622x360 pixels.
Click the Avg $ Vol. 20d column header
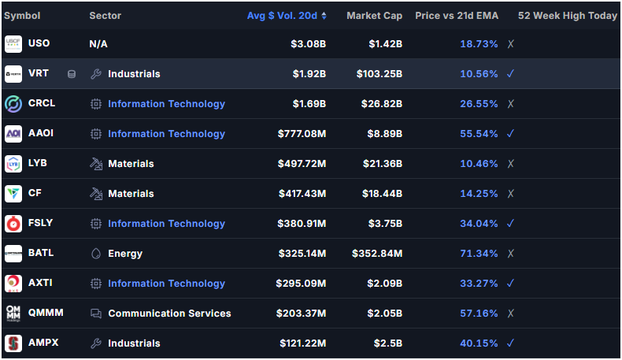(x=282, y=16)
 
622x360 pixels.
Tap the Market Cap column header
(x=375, y=16)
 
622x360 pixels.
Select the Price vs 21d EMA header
(x=457, y=16)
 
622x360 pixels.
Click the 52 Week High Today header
(x=567, y=16)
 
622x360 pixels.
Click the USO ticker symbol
(x=39, y=43)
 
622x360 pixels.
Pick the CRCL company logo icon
(x=13, y=104)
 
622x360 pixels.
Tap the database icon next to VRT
(x=72, y=74)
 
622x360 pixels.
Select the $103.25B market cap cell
(x=379, y=74)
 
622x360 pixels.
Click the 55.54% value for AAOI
(x=479, y=134)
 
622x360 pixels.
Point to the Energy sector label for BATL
(x=125, y=254)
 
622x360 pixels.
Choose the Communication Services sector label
(x=169, y=314)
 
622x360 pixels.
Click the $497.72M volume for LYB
(x=302, y=164)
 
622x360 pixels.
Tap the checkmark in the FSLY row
(x=510, y=224)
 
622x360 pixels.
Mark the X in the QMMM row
(x=510, y=314)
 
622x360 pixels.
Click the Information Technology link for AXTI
(x=167, y=284)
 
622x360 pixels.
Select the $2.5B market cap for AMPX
(x=388, y=343)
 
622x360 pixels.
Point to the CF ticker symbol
(x=35, y=193)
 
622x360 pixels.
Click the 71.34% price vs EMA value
(x=479, y=254)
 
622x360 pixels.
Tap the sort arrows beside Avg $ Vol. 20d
(x=324, y=16)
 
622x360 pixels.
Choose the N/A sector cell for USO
(x=98, y=44)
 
